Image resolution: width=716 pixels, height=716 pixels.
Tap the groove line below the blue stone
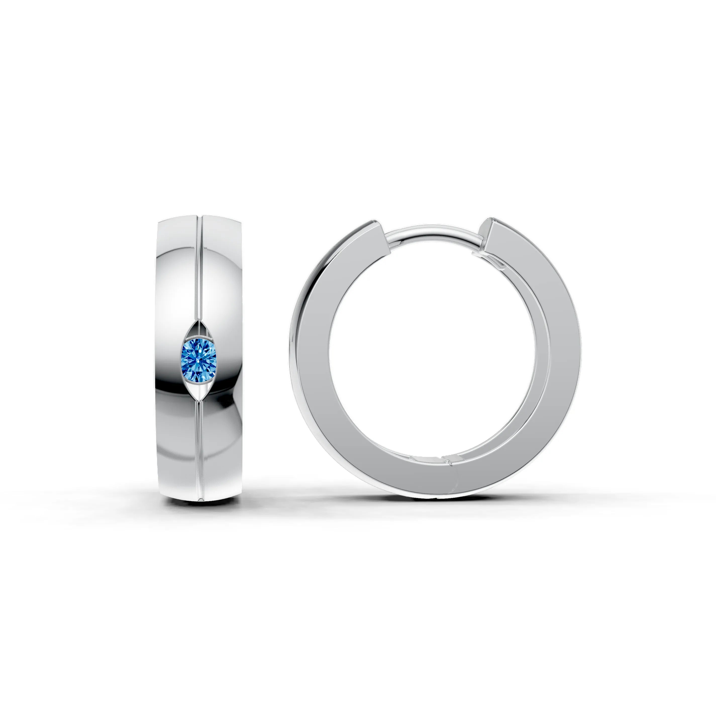coord(200,445)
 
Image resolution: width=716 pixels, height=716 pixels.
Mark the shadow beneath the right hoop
coord(437,498)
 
